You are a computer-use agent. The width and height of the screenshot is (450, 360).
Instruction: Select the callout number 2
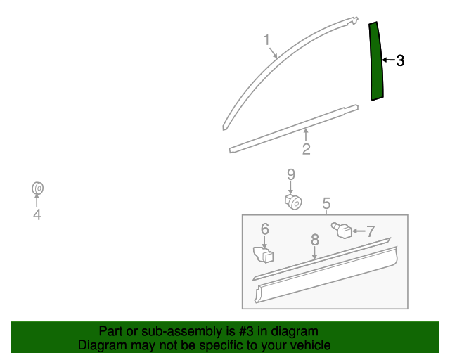(307, 149)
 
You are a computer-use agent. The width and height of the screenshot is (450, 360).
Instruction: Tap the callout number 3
(400, 61)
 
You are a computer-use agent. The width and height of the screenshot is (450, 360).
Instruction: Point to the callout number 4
(37, 215)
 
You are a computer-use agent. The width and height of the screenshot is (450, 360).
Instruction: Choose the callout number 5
(326, 204)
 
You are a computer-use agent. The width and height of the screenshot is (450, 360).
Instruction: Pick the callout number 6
(265, 229)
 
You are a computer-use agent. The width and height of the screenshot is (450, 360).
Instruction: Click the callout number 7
(370, 231)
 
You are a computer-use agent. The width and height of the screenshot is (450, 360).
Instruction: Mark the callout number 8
(315, 240)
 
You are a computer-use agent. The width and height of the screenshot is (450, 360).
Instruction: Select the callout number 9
(290, 174)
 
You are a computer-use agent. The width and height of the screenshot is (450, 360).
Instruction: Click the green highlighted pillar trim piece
(376, 62)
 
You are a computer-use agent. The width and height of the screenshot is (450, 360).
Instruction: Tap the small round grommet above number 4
(38, 188)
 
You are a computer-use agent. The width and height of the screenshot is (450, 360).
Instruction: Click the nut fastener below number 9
(294, 202)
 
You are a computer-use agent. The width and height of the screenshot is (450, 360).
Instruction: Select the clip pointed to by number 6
(262, 255)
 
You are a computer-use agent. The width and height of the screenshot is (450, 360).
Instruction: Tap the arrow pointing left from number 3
(387, 61)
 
